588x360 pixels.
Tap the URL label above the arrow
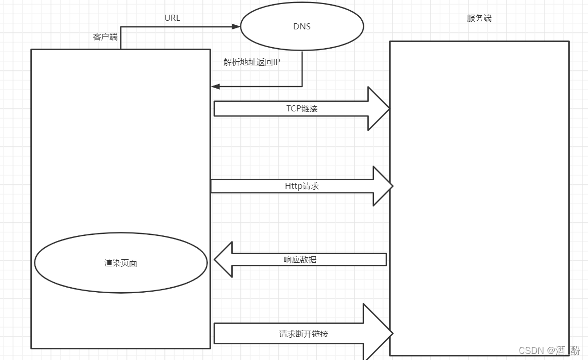click(x=172, y=18)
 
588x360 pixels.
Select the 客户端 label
click(x=105, y=37)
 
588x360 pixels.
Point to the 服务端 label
click(x=479, y=18)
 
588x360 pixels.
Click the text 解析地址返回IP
click(x=251, y=62)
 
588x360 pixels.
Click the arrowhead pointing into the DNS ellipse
click(x=236, y=26)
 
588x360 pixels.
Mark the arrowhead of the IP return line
click(x=215, y=87)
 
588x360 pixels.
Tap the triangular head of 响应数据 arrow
click(x=223, y=260)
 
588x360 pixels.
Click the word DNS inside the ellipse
click(x=302, y=26)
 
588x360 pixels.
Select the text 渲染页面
click(x=120, y=263)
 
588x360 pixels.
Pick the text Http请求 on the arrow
click(x=302, y=186)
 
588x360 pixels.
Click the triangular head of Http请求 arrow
click(x=383, y=186)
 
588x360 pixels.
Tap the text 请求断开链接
click(x=303, y=334)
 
